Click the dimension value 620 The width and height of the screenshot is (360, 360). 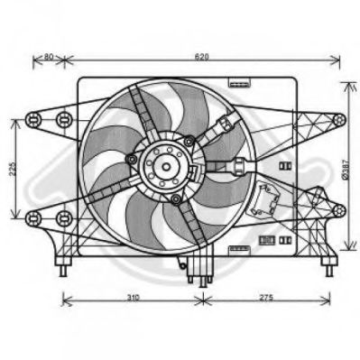click(201, 57)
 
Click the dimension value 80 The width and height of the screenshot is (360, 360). click(49, 56)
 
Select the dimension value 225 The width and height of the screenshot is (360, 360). click(12, 169)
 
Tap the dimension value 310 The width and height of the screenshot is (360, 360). click(133, 298)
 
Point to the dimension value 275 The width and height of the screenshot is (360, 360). click(266, 298)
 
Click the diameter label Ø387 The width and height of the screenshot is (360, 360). click(346, 171)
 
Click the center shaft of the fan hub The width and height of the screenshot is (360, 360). click(166, 166)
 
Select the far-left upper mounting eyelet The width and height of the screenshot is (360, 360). click(33, 120)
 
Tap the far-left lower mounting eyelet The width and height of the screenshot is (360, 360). click(33, 218)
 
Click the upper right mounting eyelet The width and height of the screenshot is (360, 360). click(339, 120)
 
